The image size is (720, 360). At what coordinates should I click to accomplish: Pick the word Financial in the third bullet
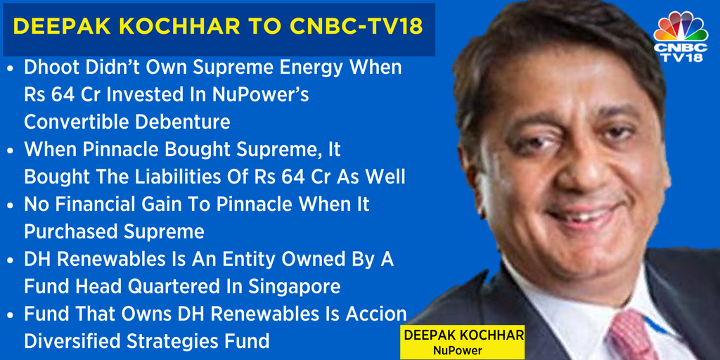pyautogui.click(x=98, y=205)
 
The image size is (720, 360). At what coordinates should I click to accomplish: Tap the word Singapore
pyautogui.click(x=294, y=287)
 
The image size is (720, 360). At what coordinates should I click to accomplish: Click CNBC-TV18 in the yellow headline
pyautogui.click(x=356, y=27)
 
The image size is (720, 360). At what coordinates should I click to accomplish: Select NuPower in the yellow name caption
pyautogui.click(x=458, y=350)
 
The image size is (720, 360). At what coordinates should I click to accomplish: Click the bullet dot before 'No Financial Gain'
pyautogui.click(x=11, y=205)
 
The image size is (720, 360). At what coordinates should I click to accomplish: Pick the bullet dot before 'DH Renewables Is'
pyautogui.click(x=11, y=260)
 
